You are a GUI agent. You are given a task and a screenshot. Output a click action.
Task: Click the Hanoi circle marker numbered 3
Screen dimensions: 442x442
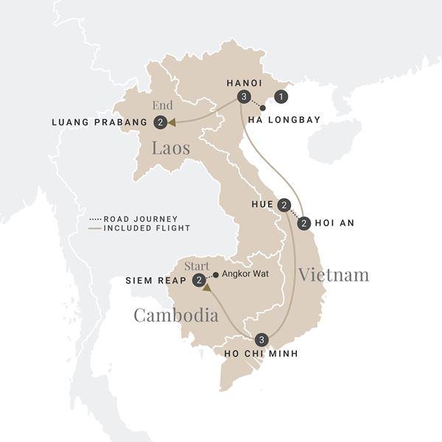[x=243, y=97]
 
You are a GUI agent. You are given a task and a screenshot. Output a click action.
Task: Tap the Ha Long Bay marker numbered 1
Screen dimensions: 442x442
[x=280, y=96]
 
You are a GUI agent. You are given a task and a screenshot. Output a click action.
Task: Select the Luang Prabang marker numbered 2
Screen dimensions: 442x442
[x=160, y=122]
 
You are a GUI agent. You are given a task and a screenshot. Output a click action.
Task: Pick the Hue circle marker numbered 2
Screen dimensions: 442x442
[x=284, y=205]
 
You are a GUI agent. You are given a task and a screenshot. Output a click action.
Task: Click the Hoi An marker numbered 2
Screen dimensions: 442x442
[x=304, y=222]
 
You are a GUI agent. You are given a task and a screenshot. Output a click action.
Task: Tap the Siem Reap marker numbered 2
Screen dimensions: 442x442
[x=198, y=280]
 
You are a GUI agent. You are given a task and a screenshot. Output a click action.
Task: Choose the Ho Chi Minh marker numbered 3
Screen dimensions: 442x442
[x=262, y=340]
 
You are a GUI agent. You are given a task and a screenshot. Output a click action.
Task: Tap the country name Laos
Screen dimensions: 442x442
[x=171, y=148]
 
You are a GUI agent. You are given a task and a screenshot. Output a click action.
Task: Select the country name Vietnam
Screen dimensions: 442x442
[x=333, y=275]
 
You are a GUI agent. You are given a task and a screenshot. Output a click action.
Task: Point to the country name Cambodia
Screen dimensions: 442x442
[x=176, y=315]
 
